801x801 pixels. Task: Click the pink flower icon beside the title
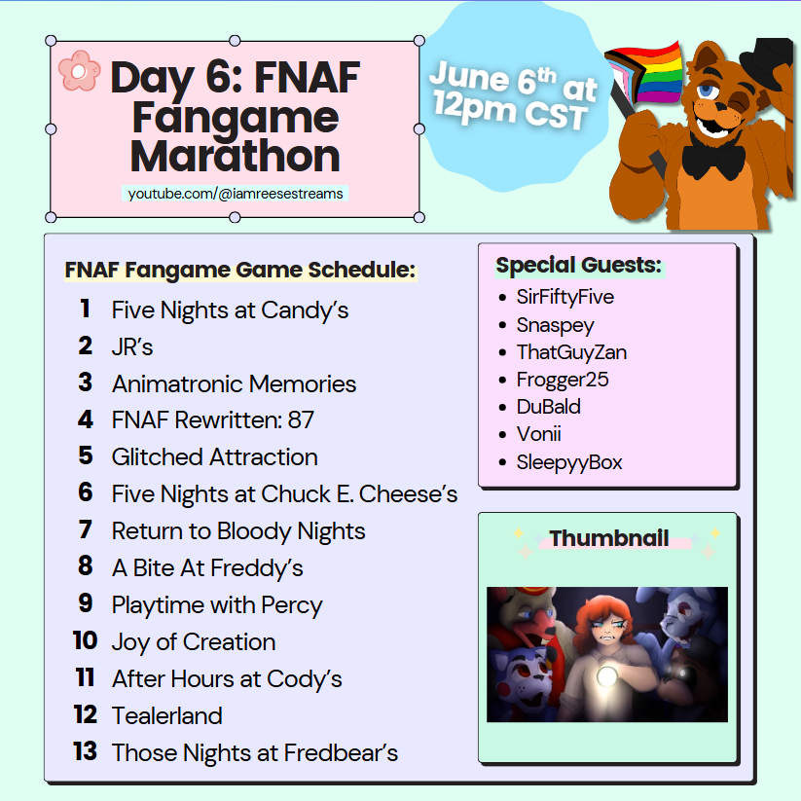pyautogui.click(x=79, y=71)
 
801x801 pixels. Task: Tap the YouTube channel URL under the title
pyautogui.click(x=236, y=194)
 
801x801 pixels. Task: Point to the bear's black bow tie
pyautogui.click(x=713, y=159)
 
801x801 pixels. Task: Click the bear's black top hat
pyautogui.click(x=767, y=60)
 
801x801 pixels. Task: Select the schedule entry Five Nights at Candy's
pyautogui.click(x=230, y=310)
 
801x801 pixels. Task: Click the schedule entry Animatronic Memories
pyautogui.click(x=234, y=383)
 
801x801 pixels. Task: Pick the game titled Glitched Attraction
pyautogui.click(x=214, y=456)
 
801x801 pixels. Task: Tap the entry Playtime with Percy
pyautogui.click(x=217, y=605)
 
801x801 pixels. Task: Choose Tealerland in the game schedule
pyautogui.click(x=167, y=715)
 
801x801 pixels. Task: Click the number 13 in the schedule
pyautogui.click(x=85, y=751)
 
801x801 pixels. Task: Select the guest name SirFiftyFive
pyautogui.click(x=565, y=297)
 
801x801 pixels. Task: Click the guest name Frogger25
pyautogui.click(x=563, y=381)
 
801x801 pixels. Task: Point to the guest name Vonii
pyautogui.click(x=538, y=434)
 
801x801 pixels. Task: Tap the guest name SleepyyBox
pyautogui.click(x=569, y=462)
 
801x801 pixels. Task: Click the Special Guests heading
pyautogui.click(x=579, y=265)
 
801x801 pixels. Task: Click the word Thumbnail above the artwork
pyautogui.click(x=609, y=538)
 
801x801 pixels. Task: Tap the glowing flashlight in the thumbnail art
pyautogui.click(x=607, y=676)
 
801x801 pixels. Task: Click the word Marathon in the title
pyautogui.click(x=235, y=156)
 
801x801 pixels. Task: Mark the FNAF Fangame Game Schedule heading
pyautogui.click(x=240, y=271)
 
